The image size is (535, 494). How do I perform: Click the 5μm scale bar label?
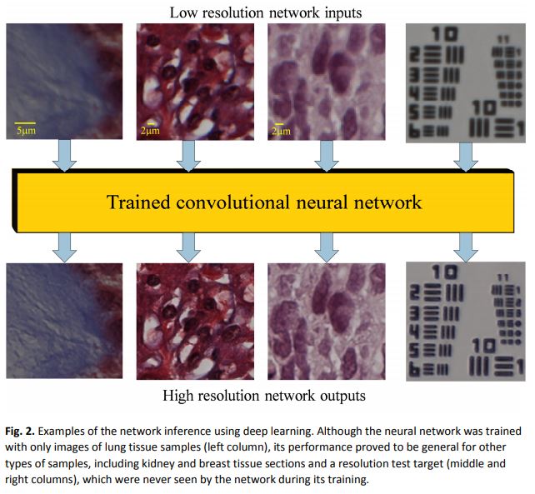click(x=26, y=130)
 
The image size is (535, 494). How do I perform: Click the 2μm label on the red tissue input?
click(x=148, y=130)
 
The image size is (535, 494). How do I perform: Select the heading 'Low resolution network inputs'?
click(x=265, y=12)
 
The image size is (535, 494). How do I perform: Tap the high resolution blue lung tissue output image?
click(x=64, y=322)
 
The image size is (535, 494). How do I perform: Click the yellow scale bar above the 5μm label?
click(x=25, y=122)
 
